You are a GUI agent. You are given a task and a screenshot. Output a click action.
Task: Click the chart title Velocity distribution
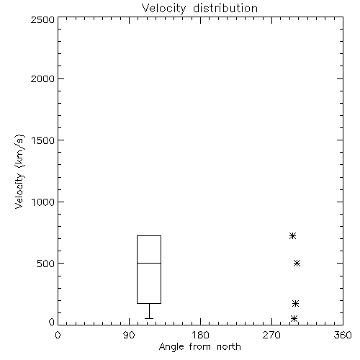click(199, 9)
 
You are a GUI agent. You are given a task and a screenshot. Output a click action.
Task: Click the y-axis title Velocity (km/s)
click(19, 172)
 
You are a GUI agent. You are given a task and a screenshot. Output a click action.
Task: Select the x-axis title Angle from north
click(199, 347)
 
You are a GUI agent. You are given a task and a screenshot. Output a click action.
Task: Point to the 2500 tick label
click(42, 19)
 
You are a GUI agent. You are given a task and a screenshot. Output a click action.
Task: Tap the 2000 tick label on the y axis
click(42, 78)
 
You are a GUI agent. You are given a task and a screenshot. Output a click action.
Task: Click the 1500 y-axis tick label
click(43, 140)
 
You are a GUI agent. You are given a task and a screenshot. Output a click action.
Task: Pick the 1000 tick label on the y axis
click(43, 202)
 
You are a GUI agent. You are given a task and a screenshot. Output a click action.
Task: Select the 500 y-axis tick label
click(46, 264)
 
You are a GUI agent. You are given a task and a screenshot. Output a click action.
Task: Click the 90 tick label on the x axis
click(129, 335)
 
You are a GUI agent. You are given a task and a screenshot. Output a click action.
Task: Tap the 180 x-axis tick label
click(200, 335)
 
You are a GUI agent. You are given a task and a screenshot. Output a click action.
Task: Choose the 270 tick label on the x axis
click(271, 335)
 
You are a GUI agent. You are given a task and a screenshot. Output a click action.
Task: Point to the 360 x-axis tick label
click(343, 335)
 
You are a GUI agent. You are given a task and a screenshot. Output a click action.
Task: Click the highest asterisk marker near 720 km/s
click(292, 236)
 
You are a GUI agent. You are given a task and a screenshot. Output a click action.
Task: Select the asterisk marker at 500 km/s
click(297, 264)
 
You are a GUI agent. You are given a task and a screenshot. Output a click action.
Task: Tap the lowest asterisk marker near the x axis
click(294, 319)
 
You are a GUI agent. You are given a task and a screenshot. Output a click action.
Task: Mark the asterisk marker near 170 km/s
click(296, 304)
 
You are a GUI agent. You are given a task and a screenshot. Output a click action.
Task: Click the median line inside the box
click(149, 264)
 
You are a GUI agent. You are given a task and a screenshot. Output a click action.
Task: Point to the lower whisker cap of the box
click(149, 318)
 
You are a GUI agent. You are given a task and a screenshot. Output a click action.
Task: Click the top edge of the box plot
click(149, 236)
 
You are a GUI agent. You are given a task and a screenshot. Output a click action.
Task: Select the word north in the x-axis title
click(229, 347)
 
